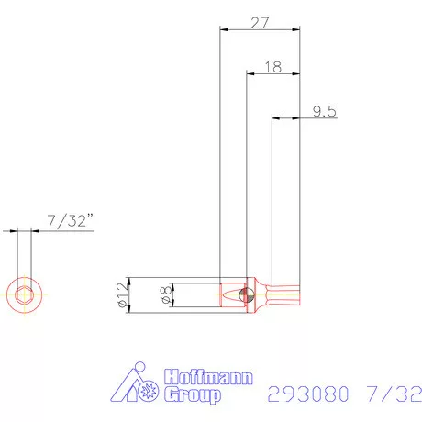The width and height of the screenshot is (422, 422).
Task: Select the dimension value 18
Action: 272,67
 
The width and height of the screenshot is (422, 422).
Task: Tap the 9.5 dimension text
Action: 324,111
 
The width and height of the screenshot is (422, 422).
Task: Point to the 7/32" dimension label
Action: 69,221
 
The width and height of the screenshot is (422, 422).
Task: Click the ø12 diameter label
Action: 120,295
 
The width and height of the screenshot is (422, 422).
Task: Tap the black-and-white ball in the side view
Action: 243,295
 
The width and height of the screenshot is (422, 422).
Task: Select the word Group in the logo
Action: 192,395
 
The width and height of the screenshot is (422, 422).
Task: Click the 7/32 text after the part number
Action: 395,394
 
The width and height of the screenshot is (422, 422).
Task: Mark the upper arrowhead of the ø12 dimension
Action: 130,279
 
